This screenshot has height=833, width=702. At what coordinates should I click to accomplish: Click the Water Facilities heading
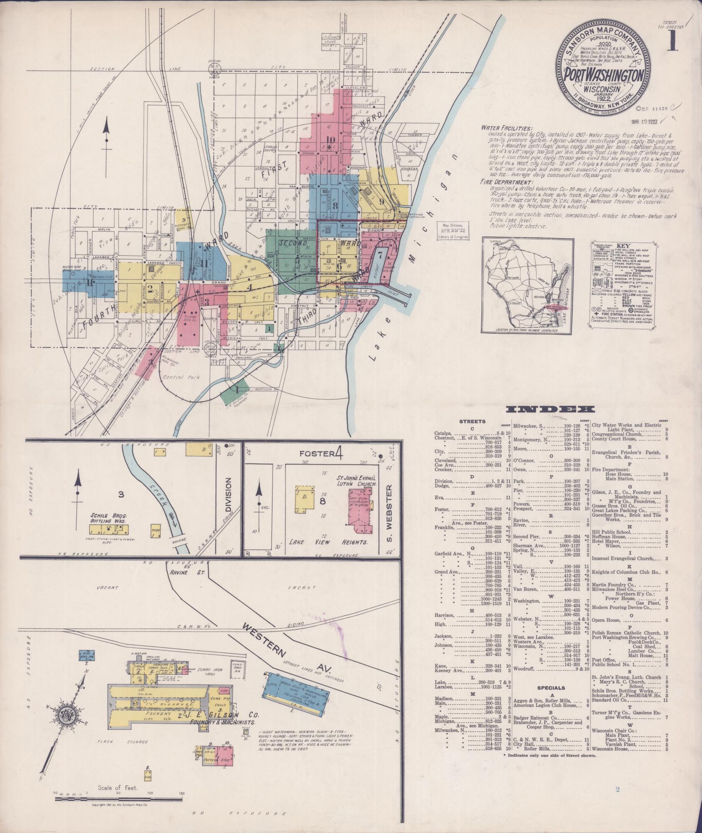click(506, 129)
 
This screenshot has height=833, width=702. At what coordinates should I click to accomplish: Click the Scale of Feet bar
click(118, 799)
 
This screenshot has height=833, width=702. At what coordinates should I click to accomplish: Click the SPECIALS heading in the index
click(547, 700)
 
